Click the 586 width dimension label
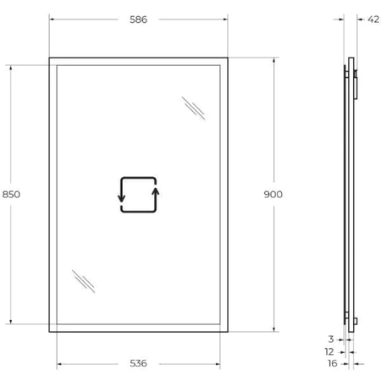point(138,19)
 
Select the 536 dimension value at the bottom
point(138,363)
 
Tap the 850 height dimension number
point(11,194)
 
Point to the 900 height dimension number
point(273,194)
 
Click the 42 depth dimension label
point(373,19)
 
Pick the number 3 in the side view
point(331,339)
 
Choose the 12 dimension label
point(329,351)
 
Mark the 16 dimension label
point(333,363)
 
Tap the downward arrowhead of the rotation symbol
point(121,199)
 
